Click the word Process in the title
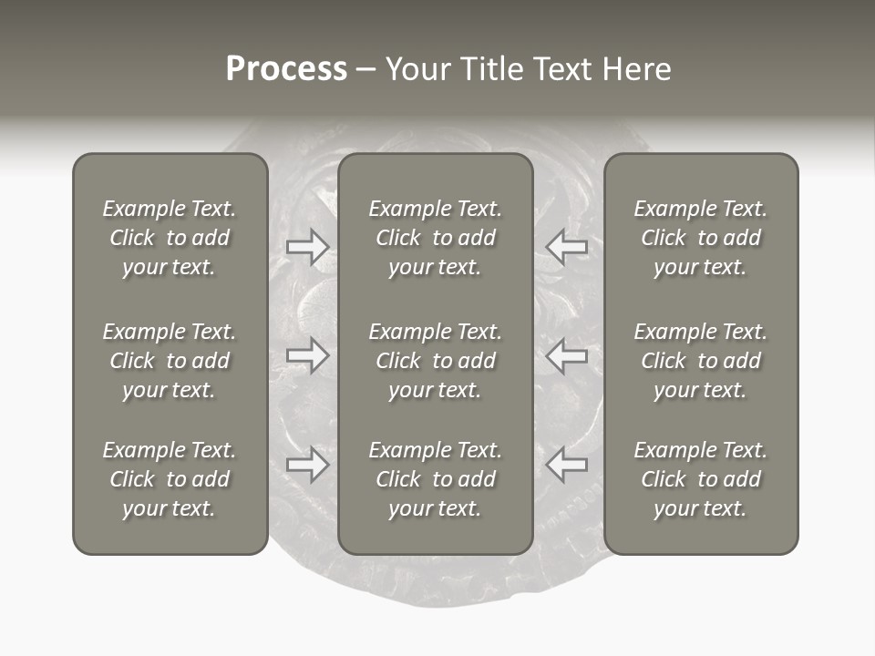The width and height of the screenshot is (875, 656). (x=286, y=69)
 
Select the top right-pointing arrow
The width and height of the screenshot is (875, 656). (x=308, y=247)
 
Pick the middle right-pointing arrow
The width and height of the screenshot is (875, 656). (x=308, y=356)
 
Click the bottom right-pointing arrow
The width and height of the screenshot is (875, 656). (x=308, y=466)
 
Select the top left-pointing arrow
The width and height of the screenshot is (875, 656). (x=566, y=247)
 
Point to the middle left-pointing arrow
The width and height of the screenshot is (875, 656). (x=566, y=356)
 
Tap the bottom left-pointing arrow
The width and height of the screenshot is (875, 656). (x=566, y=466)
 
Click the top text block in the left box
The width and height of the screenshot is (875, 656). (x=170, y=238)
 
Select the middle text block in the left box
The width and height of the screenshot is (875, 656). (x=170, y=361)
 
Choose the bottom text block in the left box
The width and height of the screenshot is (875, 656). (x=170, y=479)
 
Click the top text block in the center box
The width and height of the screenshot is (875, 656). (x=436, y=238)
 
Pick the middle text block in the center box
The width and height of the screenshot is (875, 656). (x=436, y=361)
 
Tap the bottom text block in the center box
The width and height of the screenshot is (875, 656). (x=436, y=479)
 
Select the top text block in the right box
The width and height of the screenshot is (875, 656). (x=701, y=238)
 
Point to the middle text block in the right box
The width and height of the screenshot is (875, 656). (x=701, y=361)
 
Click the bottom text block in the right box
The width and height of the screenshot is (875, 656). (x=701, y=479)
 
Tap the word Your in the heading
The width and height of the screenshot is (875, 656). (x=418, y=69)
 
